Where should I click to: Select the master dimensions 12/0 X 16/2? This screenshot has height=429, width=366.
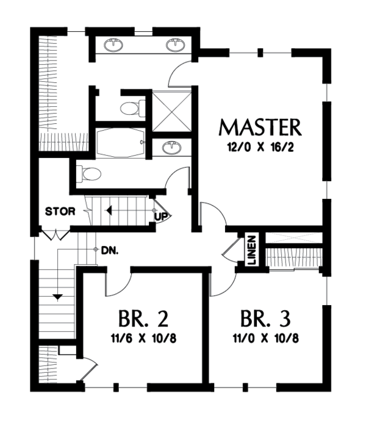pyautogui.click(x=260, y=147)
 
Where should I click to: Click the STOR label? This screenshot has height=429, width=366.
pyautogui.click(x=60, y=212)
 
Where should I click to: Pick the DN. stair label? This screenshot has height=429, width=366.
pyautogui.click(x=110, y=250)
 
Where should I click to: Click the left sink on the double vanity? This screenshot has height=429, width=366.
pyautogui.click(x=114, y=45)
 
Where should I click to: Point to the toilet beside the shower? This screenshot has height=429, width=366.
pyautogui.click(x=131, y=109)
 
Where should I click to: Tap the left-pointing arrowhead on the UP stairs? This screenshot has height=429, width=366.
pyautogui.click(x=108, y=211)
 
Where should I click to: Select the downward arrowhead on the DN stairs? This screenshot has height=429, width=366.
pyautogui.click(x=57, y=297)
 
